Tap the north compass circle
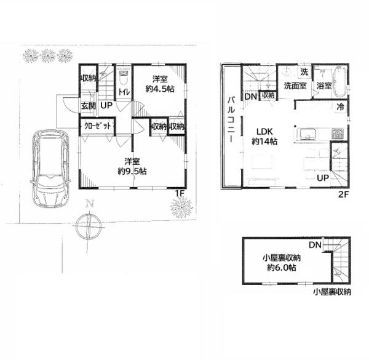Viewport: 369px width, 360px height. [89, 226]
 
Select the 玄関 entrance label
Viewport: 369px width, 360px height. [88, 106]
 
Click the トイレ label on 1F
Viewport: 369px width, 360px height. [124, 92]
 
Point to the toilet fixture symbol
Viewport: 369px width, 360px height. [124, 78]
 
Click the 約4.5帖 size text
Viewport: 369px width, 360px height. [160, 89]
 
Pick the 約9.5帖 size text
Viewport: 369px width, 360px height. [132, 171]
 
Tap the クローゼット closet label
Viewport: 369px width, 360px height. [97, 126]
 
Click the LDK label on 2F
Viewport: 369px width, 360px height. [264, 131]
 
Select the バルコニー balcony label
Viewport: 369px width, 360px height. [231, 120]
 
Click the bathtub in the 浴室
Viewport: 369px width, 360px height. [340, 81]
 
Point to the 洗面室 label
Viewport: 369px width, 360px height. [295, 86]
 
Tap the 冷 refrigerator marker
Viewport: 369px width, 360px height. [340, 107]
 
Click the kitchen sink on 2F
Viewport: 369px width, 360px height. [307, 134]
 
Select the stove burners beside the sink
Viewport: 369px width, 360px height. [338, 134]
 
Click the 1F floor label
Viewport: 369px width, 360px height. [179, 193]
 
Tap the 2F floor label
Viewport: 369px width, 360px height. [343, 194]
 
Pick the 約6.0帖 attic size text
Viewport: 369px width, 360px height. [282, 268]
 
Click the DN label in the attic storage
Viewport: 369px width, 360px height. [315, 245]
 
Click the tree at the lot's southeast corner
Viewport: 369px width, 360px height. [181, 207]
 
